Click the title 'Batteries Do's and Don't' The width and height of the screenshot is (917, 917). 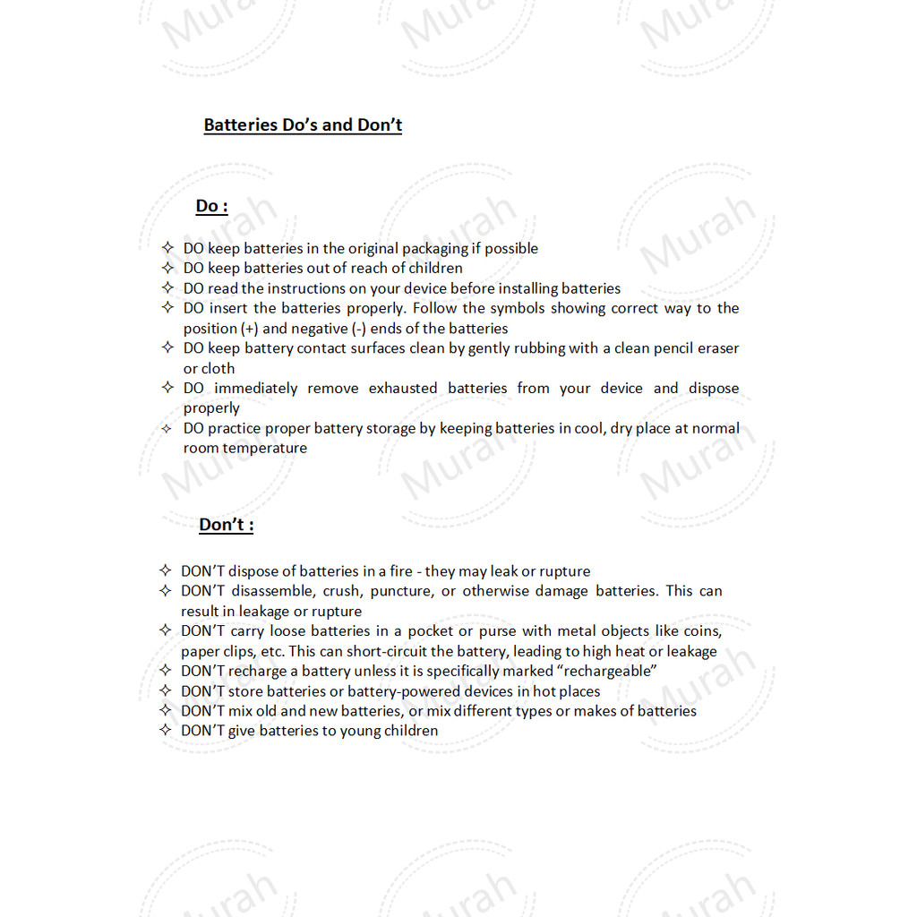pos(303,125)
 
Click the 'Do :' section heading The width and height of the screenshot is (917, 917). pos(211,207)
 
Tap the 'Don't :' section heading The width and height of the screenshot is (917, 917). pos(226,525)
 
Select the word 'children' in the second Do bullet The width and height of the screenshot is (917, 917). pos(435,269)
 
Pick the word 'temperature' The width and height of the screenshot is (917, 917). pos(264,449)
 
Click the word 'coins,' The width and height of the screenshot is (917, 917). pos(702,631)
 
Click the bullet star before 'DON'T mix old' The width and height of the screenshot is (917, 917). pos(165,710)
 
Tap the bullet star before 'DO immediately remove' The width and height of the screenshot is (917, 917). pos(167,388)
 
